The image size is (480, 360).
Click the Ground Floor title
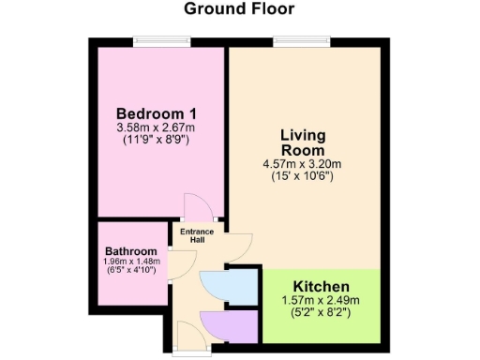239,10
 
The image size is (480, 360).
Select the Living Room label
303,142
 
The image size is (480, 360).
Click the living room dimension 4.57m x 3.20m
303,164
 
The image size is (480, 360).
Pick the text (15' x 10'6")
303,176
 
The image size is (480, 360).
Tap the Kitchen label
322,286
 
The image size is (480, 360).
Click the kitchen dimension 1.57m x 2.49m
322,300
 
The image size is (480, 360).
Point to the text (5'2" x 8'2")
322,312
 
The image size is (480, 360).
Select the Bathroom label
130,251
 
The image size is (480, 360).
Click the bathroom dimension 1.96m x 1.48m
130,262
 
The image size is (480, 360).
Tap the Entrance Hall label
198,235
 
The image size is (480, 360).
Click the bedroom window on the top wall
160,39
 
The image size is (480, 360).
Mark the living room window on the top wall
300,39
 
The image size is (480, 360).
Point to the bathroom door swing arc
175,267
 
